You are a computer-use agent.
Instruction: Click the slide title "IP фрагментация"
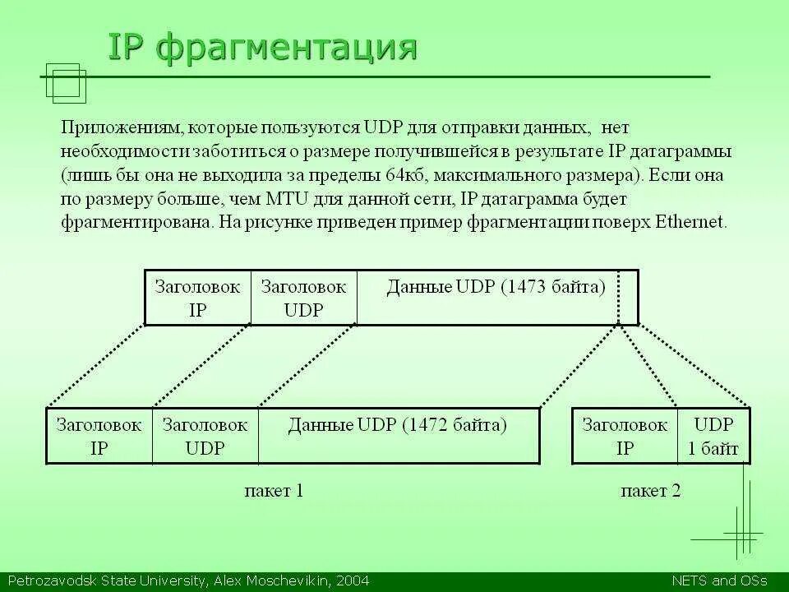[263, 48]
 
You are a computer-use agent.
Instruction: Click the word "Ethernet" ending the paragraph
[690, 222]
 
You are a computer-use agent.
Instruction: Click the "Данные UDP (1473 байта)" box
[496, 287]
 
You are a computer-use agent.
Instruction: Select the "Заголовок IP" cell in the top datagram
[197, 298]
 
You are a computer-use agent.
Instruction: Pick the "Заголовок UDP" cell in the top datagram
[303, 298]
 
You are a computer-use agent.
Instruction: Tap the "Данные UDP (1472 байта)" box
[398, 425]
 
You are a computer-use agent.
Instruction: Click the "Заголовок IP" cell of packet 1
[99, 437]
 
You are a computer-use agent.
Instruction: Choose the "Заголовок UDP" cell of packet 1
[205, 437]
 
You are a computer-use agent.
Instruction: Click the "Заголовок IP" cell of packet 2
[625, 437]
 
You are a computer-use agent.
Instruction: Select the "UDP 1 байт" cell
[713, 437]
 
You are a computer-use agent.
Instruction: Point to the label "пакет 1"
[275, 491]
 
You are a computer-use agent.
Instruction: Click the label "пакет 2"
[650, 491]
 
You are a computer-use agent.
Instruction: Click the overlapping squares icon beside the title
[66, 83]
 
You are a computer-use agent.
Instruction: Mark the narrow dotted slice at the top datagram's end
[628, 298]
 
